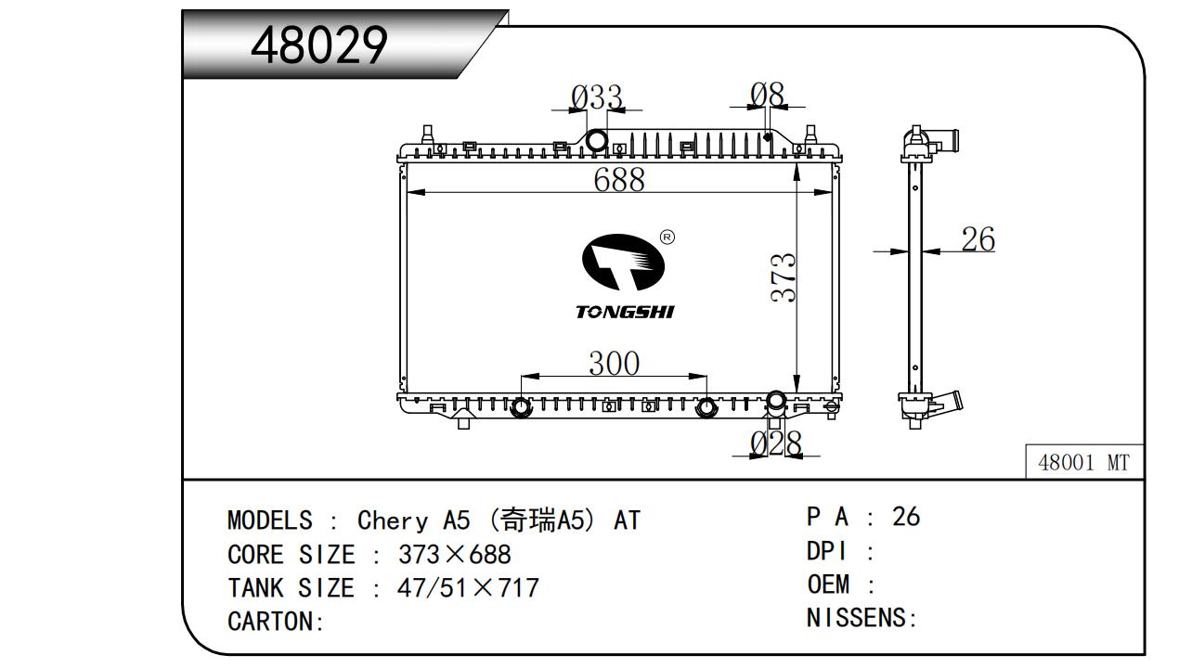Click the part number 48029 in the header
319,45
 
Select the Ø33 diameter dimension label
597,97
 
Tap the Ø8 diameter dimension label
768,95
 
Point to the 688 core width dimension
619,179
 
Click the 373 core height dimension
784,277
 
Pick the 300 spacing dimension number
615,363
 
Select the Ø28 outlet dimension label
776,443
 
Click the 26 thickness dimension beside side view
978,239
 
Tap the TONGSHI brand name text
624,312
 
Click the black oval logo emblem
623,262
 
